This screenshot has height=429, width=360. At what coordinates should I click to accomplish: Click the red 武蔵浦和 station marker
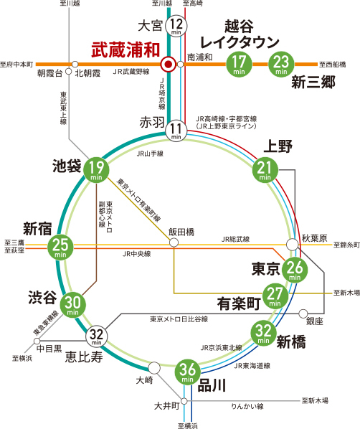click(x=169, y=65)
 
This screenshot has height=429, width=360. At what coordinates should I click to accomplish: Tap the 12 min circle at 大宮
click(x=176, y=26)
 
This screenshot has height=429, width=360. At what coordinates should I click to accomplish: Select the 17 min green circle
click(x=239, y=65)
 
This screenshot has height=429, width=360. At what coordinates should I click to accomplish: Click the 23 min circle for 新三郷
click(x=281, y=65)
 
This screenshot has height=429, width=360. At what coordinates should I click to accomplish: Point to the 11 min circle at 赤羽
click(x=176, y=131)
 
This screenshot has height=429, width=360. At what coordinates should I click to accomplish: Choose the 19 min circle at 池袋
click(x=96, y=170)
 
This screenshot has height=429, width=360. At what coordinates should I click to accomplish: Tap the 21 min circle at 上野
click(x=265, y=170)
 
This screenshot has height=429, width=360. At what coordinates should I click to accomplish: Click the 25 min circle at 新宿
click(x=60, y=247)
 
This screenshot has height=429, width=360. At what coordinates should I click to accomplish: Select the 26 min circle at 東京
click(x=295, y=270)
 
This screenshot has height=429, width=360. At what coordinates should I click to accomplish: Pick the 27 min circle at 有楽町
click(x=275, y=296)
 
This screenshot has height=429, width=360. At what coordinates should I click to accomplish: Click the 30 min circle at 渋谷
click(x=72, y=305)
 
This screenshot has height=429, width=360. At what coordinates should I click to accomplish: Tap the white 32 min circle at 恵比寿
click(x=97, y=336)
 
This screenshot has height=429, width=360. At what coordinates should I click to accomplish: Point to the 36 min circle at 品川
click(x=188, y=372)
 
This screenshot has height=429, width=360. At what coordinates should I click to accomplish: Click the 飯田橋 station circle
click(x=174, y=242)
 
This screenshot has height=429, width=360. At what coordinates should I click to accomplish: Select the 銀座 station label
click(x=315, y=321)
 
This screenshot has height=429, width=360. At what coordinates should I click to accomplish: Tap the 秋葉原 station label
click(x=315, y=238)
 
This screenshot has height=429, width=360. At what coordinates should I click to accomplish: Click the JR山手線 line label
click(x=150, y=154)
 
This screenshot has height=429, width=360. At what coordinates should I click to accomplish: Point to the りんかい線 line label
click(x=247, y=407)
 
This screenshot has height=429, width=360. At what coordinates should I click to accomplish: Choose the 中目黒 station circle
click(x=37, y=341)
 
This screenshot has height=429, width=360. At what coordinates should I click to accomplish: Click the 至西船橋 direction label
click(x=332, y=65)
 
